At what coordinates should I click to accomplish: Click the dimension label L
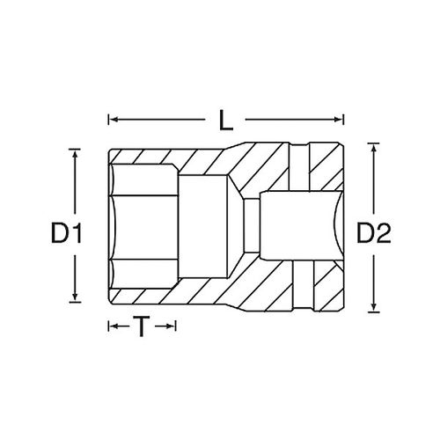226,121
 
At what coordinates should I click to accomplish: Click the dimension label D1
66,233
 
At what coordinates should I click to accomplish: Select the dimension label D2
374,233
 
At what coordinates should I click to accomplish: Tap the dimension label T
142,326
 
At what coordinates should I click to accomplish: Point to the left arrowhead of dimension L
113,120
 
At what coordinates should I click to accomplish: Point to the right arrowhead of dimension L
339,120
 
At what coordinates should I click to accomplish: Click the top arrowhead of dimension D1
75,154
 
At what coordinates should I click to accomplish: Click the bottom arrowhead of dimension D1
75,297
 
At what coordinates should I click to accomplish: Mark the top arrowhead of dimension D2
373,148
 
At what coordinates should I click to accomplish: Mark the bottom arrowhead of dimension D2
373,307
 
